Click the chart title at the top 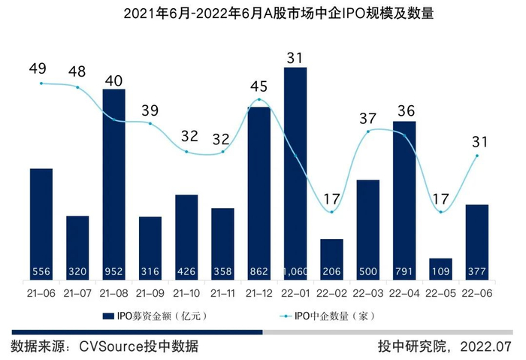click(x=263, y=14)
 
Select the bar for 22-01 click(x=295, y=174)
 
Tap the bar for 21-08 click(x=113, y=185)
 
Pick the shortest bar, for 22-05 click(x=440, y=269)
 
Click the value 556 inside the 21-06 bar click(x=41, y=271)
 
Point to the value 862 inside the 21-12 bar click(x=258, y=271)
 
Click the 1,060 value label click(x=295, y=271)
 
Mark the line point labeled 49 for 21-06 click(x=41, y=83)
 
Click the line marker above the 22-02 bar click(x=331, y=211)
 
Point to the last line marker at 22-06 click(x=476, y=156)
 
